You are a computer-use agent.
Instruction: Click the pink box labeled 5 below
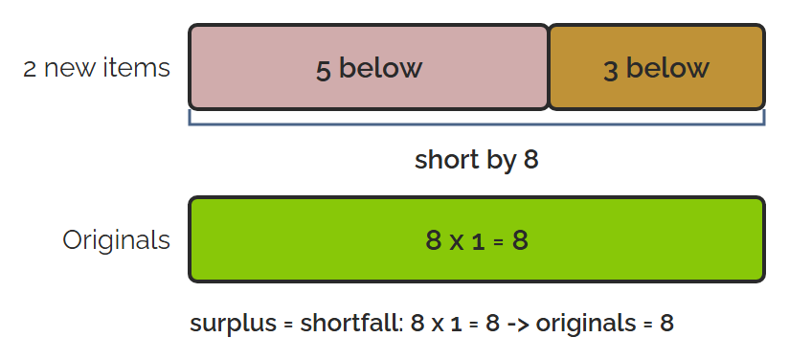coord(369,67)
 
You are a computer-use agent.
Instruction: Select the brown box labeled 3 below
coord(657,67)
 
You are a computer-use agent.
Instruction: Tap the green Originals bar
coord(477,239)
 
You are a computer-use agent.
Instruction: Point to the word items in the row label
coord(136,68)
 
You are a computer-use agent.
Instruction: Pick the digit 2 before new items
coord(31,69)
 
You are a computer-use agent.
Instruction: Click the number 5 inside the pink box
coord(323,70)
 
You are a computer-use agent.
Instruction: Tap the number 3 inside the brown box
coord(610,70)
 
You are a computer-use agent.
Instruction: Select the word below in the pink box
coord(380,68)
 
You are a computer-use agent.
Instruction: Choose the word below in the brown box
coord(667,68)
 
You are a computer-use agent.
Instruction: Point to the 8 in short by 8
coord(530,161)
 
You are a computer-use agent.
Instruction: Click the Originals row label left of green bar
coord(116,240)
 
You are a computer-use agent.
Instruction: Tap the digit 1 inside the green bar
coord(478,241)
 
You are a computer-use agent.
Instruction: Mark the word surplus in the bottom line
coord(234,324)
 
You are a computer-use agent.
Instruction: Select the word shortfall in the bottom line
coord(351,323)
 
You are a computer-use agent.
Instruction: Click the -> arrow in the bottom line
coord(517,324)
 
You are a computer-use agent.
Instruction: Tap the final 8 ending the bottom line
coord(666,324)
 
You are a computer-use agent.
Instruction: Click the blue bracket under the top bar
coord(477,124)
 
